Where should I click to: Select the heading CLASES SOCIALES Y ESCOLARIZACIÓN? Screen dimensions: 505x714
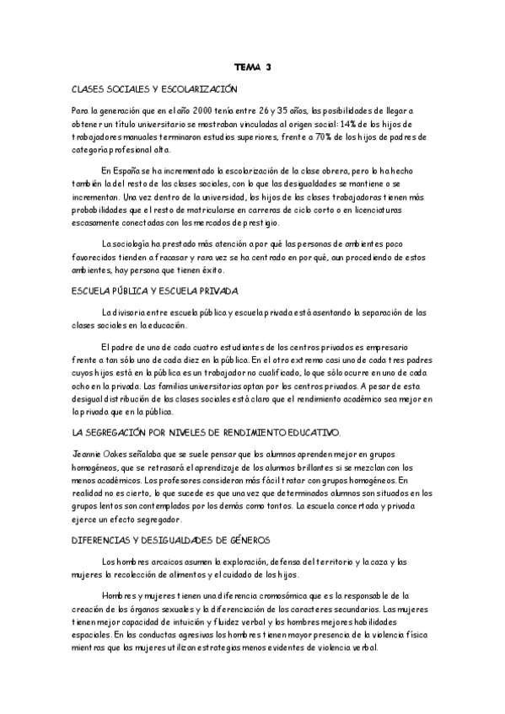coord(155,88)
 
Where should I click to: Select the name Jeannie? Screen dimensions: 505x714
coord(87,454)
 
